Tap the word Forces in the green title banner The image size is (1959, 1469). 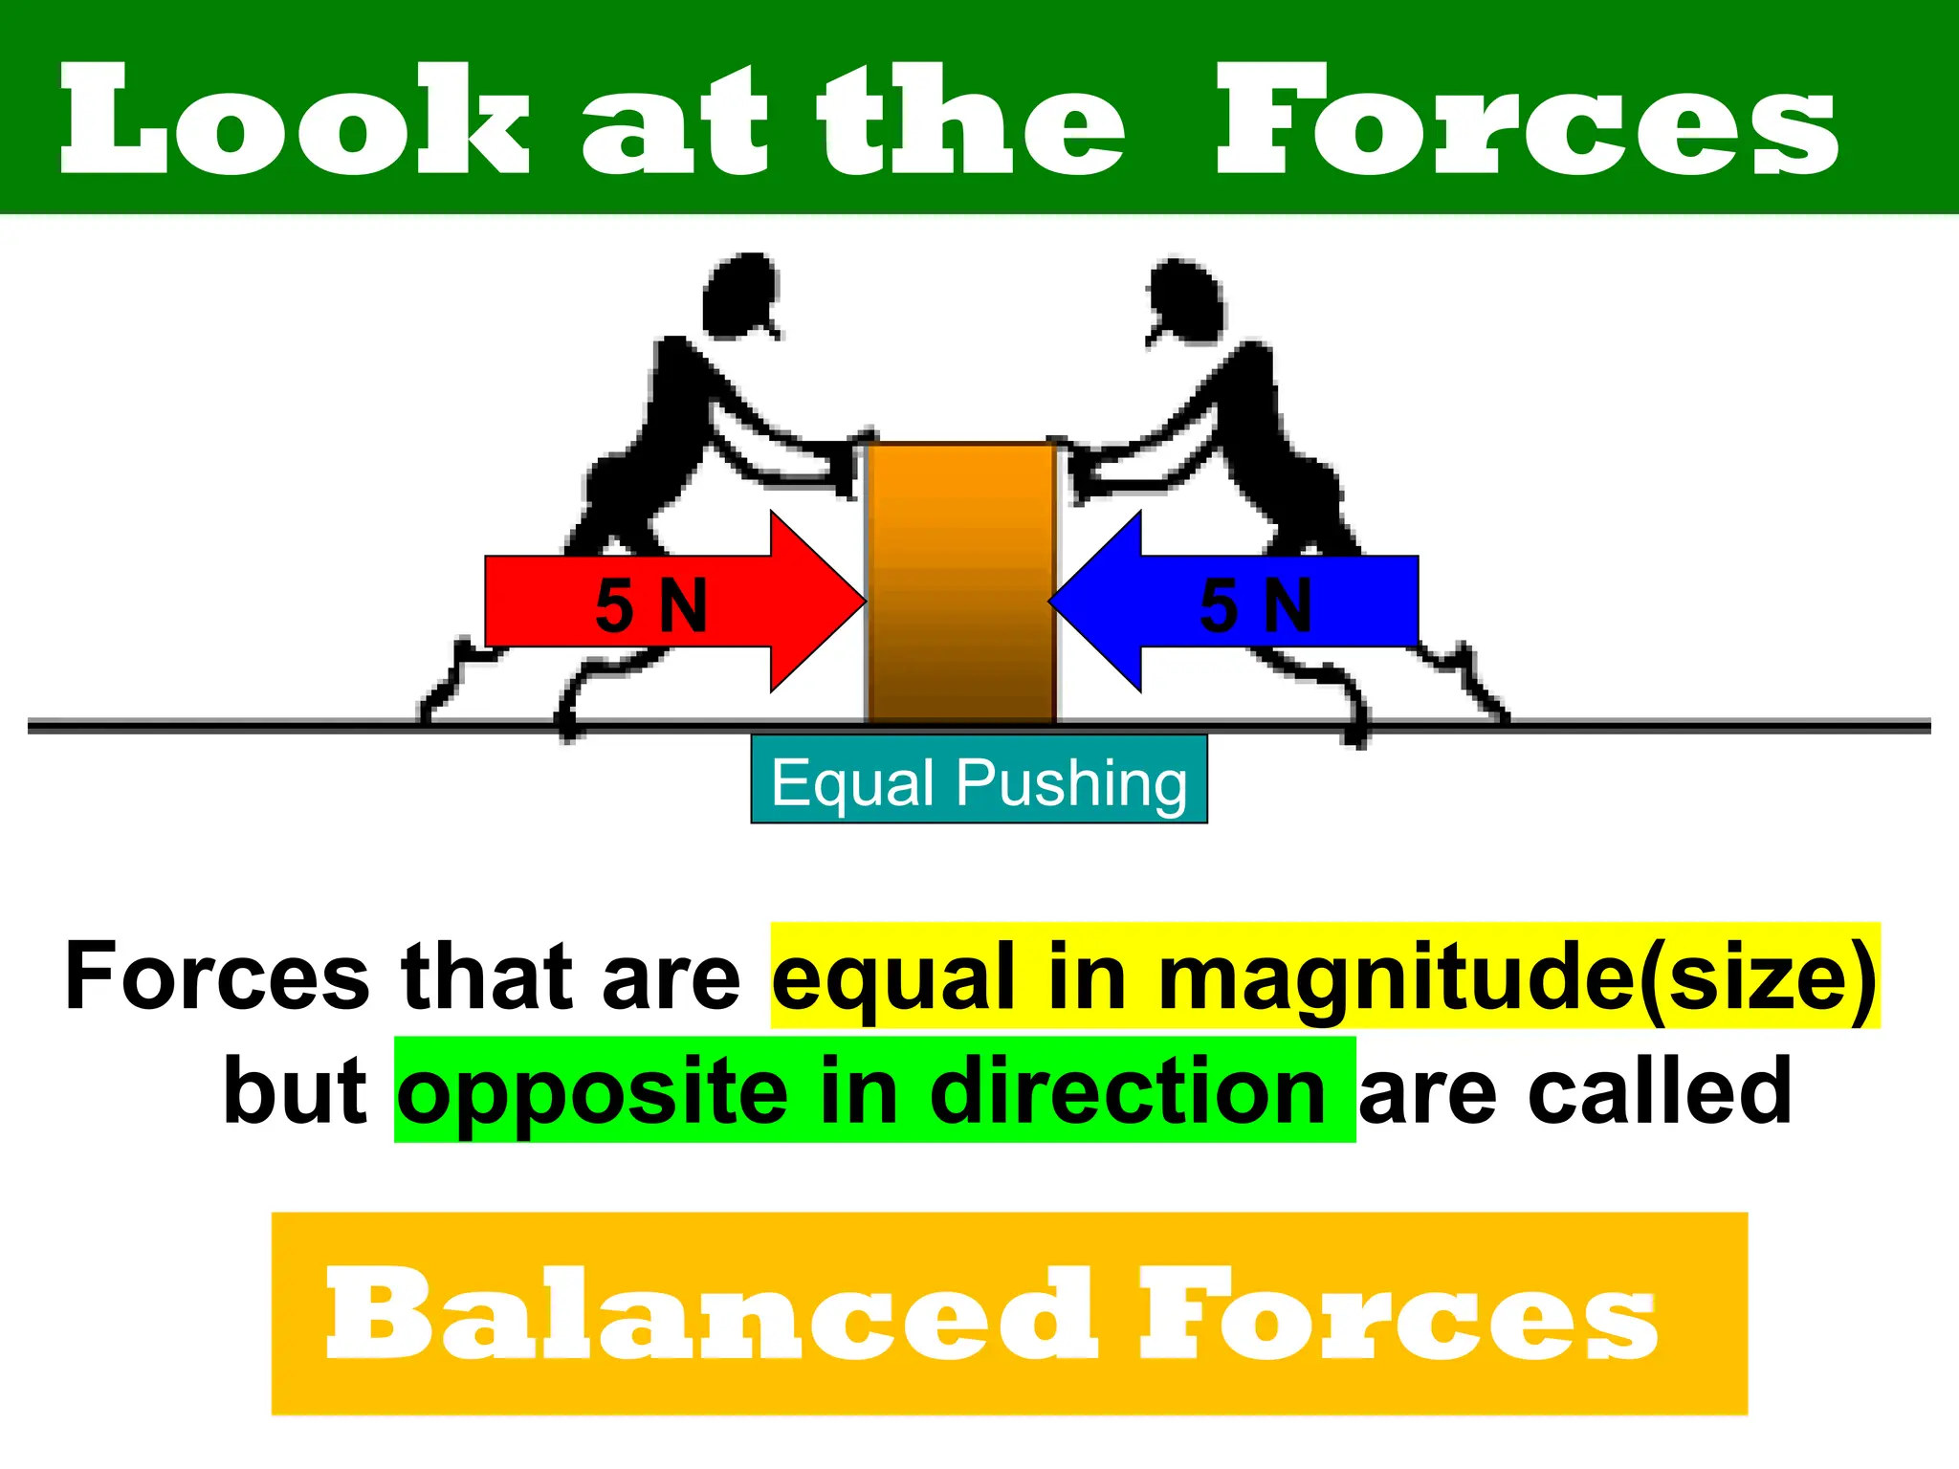point(1527,120)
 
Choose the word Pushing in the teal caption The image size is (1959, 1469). point(1072,783)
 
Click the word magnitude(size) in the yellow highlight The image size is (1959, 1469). point(1517,976)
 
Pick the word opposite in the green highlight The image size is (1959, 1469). point(593,1091)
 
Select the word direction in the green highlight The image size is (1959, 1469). point(1128,1091)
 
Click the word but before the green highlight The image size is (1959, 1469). point(295,1091)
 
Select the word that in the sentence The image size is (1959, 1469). point(487,976)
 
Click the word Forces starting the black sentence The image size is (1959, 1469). point(217,976)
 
